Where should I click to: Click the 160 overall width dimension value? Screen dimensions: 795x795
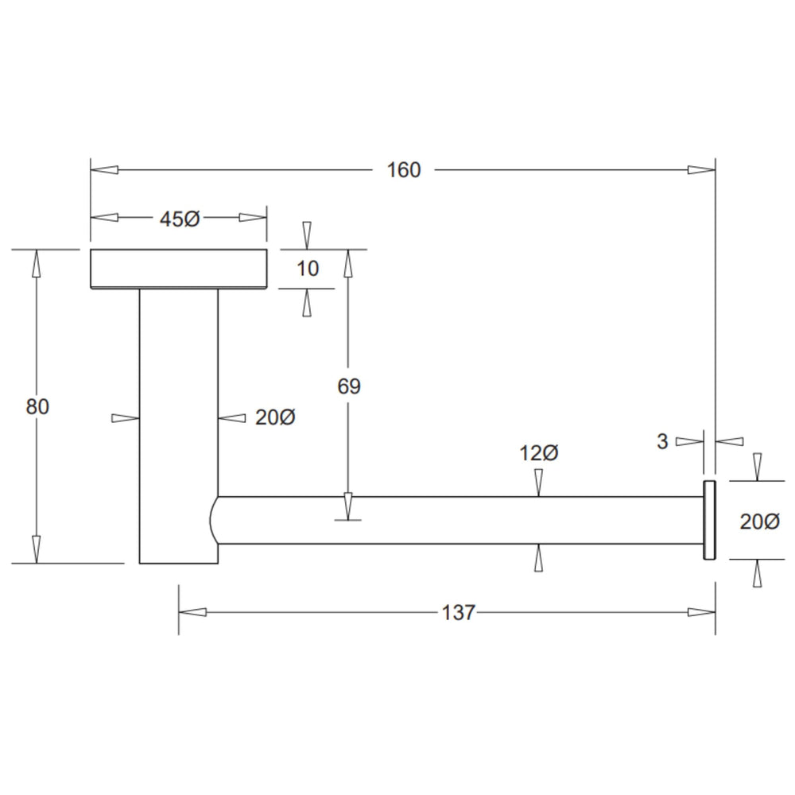[404, 170]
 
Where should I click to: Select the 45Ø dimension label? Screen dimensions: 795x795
[180, 219]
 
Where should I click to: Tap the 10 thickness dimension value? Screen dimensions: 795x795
[307, 268]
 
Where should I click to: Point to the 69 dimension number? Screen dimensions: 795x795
[349, 386]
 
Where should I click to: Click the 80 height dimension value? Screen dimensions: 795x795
[37, 406]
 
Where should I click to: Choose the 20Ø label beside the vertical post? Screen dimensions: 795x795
[275, 418]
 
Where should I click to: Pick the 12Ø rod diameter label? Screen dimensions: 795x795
[538, 453]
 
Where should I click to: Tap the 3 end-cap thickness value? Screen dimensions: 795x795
[662, 441]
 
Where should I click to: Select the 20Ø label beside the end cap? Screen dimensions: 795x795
[759, 522]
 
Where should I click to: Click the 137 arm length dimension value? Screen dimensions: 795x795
[459, 612]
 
